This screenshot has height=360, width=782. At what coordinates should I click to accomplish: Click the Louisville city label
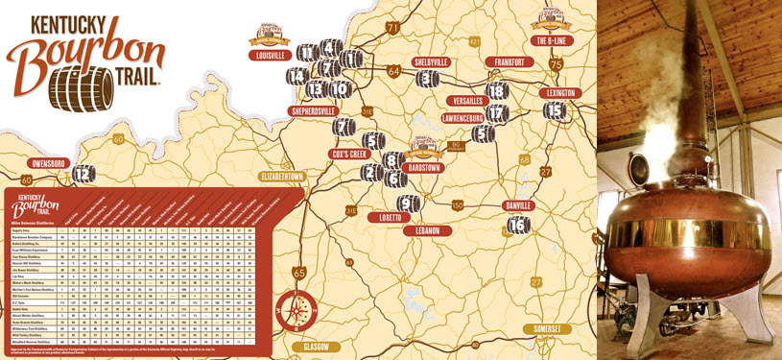(270, 56)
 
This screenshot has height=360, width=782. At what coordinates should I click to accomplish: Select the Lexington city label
(557, 92)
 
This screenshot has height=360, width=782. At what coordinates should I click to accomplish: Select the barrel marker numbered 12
(84, 173)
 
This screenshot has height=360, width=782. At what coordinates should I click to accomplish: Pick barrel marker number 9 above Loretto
(409, 204)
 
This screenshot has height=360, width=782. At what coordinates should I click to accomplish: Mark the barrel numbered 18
(496, 90)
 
